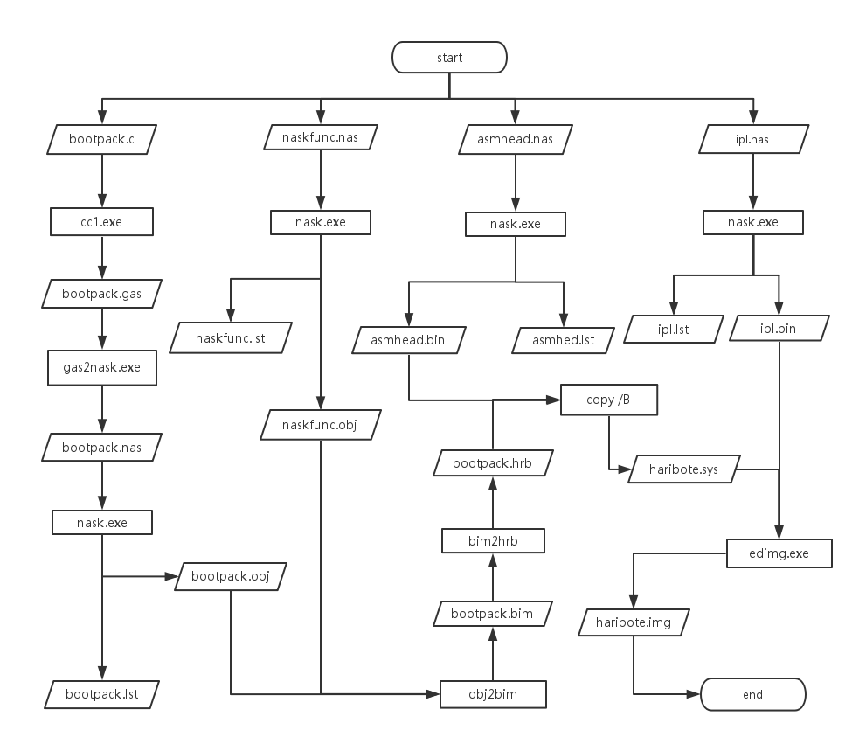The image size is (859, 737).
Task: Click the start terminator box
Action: pos(449,59)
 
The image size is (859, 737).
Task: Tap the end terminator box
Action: pos(752,695)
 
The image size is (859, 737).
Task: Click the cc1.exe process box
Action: pos(101,222)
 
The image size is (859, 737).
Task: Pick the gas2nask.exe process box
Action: pos(101,368)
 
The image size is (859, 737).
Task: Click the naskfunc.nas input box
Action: pos(321,137)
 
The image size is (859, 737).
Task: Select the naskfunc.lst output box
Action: pos(230,337)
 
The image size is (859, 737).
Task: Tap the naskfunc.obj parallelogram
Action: pos(321,425)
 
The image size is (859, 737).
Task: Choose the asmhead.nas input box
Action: pos(516,139)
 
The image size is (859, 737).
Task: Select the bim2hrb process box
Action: pos(492,541)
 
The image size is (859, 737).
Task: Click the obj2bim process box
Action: pos(493,694)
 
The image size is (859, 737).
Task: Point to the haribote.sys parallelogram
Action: pos(685,469)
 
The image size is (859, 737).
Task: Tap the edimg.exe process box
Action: pos(779,553)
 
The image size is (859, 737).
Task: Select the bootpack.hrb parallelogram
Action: pos(492,462)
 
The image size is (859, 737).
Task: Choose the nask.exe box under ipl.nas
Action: pos(753,222)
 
